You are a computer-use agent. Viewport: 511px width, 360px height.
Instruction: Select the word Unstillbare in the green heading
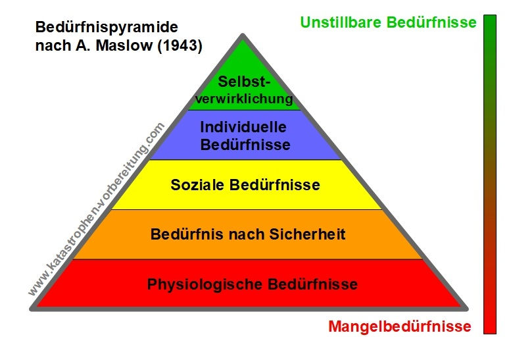339,22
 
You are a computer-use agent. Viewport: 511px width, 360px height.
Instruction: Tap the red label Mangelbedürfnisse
399,326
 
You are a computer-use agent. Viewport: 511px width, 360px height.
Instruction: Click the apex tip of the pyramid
243,36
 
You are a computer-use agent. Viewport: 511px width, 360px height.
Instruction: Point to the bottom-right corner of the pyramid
465,307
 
